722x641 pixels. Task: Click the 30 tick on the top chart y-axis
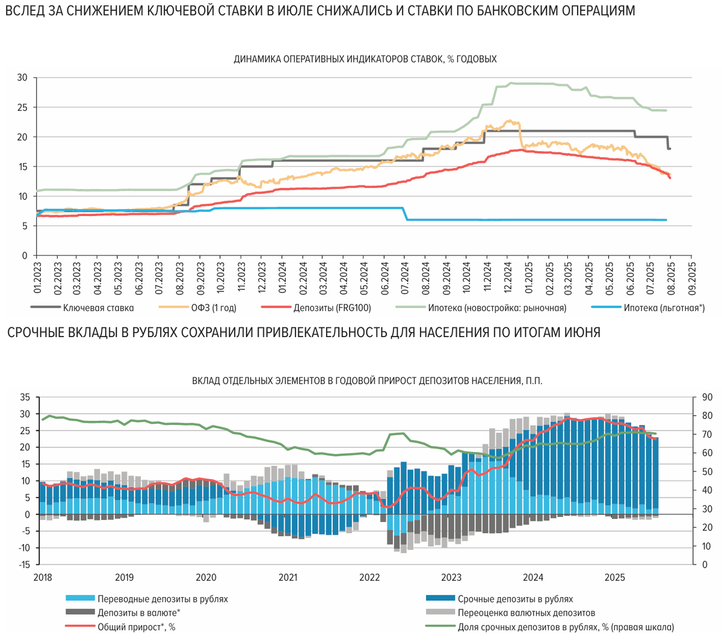(x=22, y=78)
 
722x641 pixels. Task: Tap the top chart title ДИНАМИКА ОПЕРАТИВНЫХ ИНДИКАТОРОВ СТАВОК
(x=365, y=59)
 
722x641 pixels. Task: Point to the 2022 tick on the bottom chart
(x=369, y=578)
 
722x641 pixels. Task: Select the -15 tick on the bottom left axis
(x=25, y=565)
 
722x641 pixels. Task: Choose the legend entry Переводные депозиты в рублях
(x=162, y=599)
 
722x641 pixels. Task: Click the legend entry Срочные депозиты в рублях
(x=515, y=599)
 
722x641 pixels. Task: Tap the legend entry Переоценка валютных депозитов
(x=526, y=613)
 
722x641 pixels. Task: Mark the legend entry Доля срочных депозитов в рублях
(x=566, y=627)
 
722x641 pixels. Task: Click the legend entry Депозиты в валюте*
(x=138, y=613)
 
